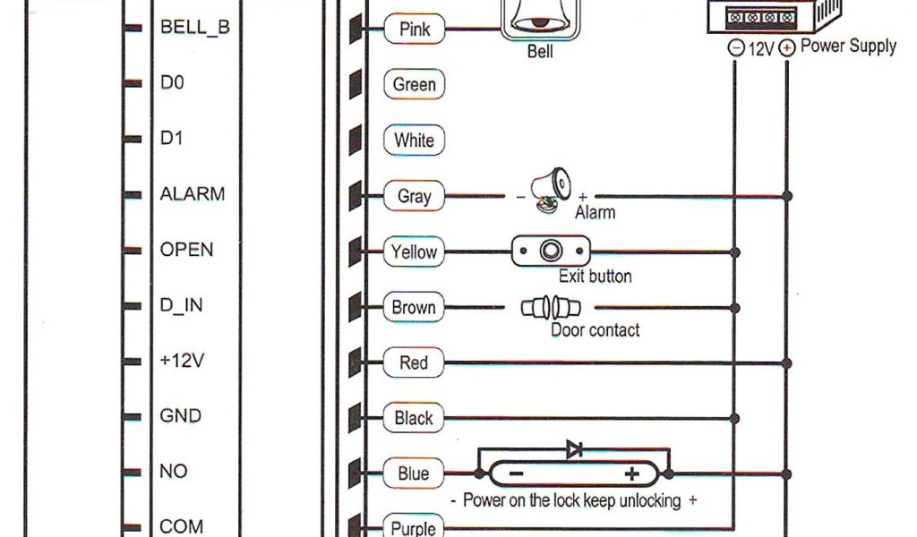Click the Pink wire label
point(414,29)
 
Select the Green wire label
point(414,85)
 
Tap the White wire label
point(414,141)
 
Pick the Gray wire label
point(414,196)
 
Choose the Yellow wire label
point(414,252)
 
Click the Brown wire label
point(414,308)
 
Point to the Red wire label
point(414,363)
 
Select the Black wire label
point(414,418)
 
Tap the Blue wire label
point(414,473)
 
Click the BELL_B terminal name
point(194,28)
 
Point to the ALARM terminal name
point(192,193)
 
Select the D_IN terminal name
point(181,305)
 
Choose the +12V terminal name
point(182,361)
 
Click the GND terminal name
point(180,416)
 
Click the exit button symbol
point(551,251)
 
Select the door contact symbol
point(551,309)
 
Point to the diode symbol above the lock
point(576,450)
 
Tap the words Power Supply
point(848,47)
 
